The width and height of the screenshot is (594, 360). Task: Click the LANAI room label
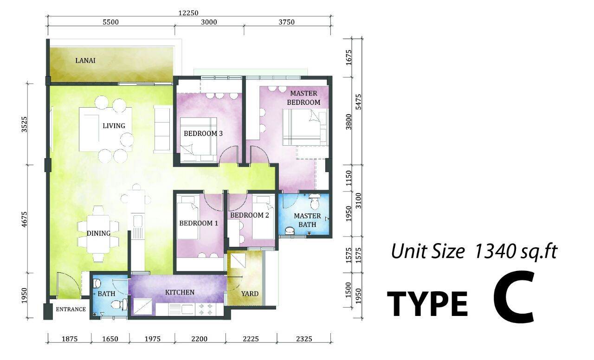pyautogui.click(x=85, y=60)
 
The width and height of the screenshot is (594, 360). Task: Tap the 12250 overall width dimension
pyautogui.click(x=188, y=13)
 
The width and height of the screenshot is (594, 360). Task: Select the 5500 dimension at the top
pyautogui.click(x=110, y=22)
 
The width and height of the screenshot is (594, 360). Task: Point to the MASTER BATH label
pyautogui.click(x=307, y=220)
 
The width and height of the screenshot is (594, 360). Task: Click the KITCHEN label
pyautogui.click(x=180, y=292)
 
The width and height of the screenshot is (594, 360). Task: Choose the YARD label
pyautogui.click(x=250, y=294)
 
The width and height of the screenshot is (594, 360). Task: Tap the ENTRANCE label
pyautogui.click(x=71, y=309)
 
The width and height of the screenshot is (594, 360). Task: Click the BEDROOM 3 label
pyautogui.click(x=203, y=134)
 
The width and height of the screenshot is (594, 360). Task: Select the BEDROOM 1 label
pyautogui.click(x=199, y=223)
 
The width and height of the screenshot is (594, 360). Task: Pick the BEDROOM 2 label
pyautogui.click(x=250, y=215)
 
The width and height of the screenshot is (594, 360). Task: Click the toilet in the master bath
pyautogui.click(x=315, y=201)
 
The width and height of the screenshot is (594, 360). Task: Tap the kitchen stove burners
pyautogui.click(x=206, y=309)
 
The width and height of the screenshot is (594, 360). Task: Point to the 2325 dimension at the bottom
pyautogui.click(x=304, y=339)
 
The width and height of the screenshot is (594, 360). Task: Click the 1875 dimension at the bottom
pyautogui.click(x=70, y=339)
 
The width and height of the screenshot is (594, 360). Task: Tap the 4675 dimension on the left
pyautogui.click(x=24, y=219)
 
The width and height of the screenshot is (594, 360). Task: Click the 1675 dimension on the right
pyautogui.click(x=349, y=57)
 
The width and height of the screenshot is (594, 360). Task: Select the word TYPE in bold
pyautogui.click(x=427, y=304)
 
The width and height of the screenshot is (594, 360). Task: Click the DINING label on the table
pyautogui.click(x=99, y=233)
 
